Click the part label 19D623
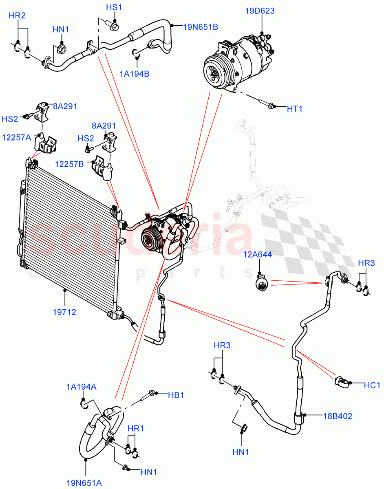(x=260, y=11)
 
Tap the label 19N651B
(x=200, y=27)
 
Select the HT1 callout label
(x=295, y=109)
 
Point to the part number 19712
(x=64, y=312)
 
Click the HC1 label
(x=372, y=384)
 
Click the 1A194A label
(x=82, y=387)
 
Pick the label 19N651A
(x=84, y=483)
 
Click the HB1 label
(x=177, y=395)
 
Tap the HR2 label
(x=17, y=16)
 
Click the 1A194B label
(x=135, y=74)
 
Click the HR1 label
(x=136, y=429)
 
